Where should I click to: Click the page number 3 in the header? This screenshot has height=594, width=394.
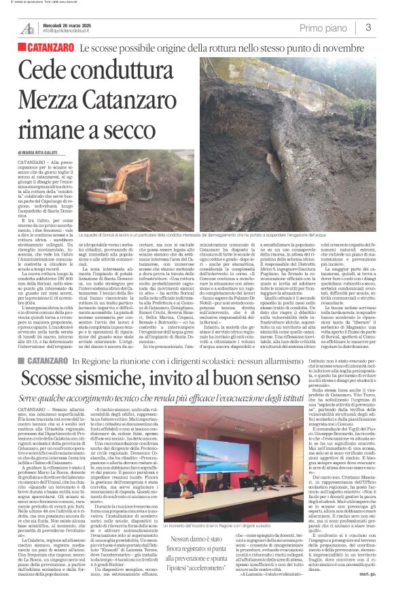pos(368,27)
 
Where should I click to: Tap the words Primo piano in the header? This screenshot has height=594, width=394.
pos(323,28)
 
